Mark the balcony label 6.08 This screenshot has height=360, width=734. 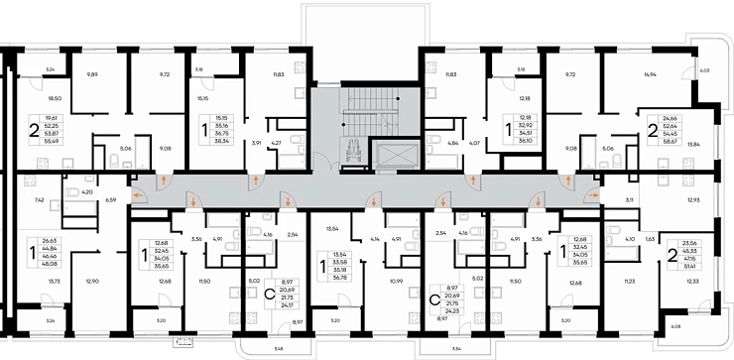[x=705, y=326]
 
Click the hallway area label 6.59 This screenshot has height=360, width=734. [x=112, y=200]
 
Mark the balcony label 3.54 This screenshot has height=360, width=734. [x=455, y=348]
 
